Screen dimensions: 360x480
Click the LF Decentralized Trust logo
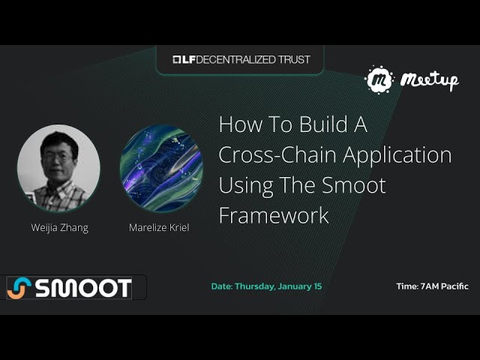click(241, 59)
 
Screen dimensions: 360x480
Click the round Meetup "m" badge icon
click(379, 79)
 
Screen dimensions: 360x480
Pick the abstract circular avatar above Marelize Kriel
click(161, 168)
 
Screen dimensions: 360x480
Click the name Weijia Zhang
click(59, 227)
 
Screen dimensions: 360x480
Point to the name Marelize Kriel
click(159, 227)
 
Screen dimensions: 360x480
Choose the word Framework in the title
click(274, 216)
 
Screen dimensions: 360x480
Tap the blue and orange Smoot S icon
click(20, 288)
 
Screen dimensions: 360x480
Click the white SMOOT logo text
click(83, 288)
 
